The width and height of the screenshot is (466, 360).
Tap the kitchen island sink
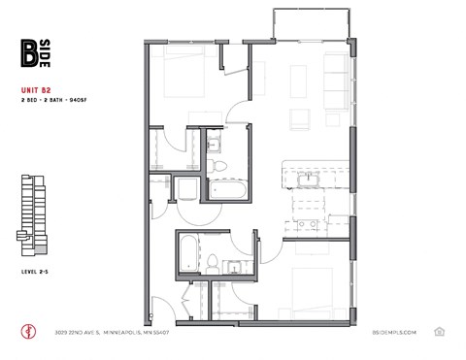tap(313, 179)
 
